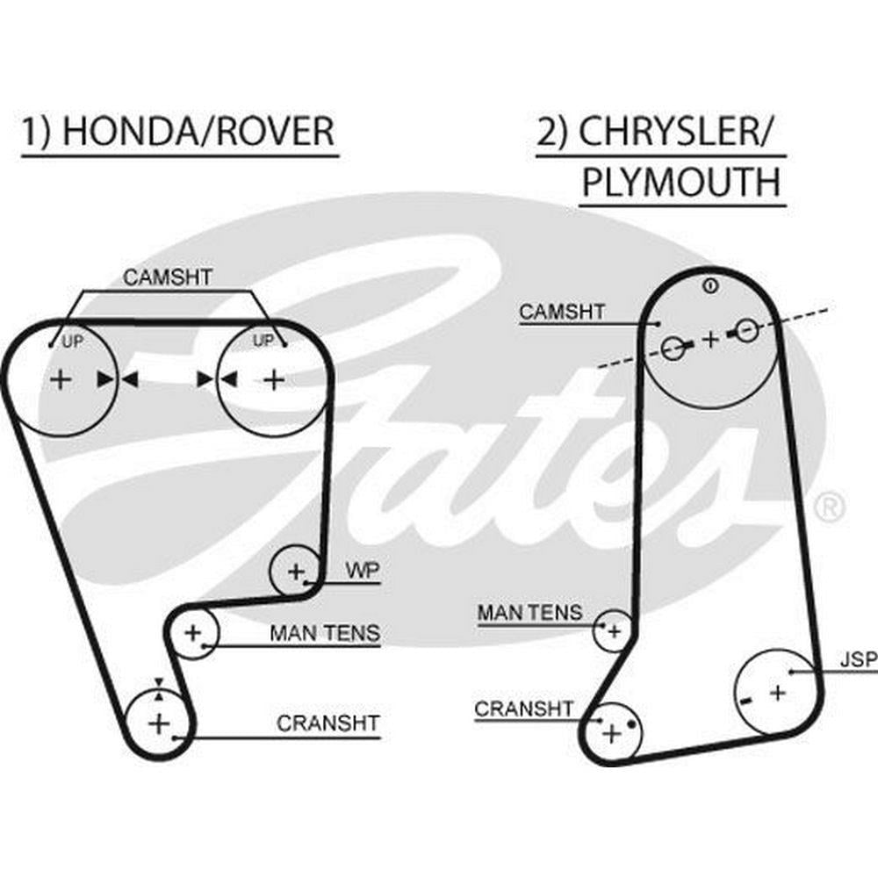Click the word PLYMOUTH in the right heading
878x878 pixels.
tap(681, 183)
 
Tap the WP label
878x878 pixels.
tap(362, 570)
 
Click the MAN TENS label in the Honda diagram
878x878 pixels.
tap(325, 632)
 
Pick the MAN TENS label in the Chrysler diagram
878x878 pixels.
tap(529, 612)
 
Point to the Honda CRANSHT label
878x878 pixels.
tap(328, 723)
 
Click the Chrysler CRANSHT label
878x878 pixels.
tap(523, 708)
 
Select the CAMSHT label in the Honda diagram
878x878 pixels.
tap(167, 277)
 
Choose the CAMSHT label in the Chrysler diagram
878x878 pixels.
tap(562, 311)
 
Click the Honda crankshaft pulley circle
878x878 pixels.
tap(158, 723)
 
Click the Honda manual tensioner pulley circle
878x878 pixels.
tap(192, 632)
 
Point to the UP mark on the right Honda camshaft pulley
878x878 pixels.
tap(263, 340)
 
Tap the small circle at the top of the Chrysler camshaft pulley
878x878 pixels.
tap(710, 284)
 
